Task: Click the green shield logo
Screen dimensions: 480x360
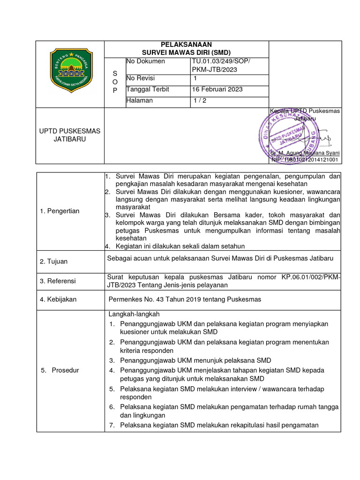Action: coord(71,70)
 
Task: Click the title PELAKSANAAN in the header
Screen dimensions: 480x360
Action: coord(187,45)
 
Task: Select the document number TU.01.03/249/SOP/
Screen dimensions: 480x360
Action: coord(221,61)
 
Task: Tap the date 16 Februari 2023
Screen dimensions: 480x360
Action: coord(217,89)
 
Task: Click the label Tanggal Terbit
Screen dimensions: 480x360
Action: coord(148,89)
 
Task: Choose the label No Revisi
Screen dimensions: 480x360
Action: coord(141,78)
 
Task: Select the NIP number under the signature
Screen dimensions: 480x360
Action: coord(305,160)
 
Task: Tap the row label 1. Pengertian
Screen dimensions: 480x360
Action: coord(60,211)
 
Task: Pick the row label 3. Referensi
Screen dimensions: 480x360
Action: coord(58,281)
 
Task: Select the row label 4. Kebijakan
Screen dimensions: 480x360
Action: coord(58,299)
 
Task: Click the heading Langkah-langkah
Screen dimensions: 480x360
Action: coord(135,314)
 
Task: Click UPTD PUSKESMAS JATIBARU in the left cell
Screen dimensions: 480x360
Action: coord(70,135)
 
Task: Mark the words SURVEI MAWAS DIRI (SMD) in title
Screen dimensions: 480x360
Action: coord(187,52)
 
